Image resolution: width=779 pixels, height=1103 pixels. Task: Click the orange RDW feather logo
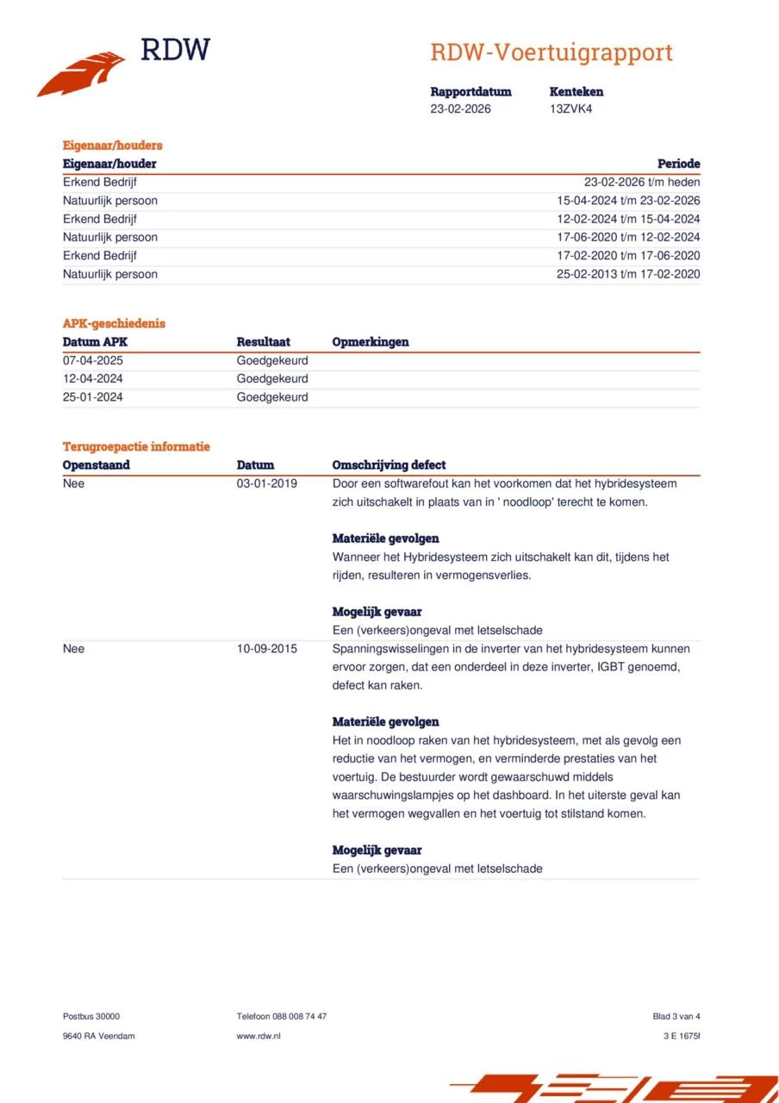[82, 74]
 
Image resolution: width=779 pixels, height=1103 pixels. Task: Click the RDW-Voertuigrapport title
[551, 53]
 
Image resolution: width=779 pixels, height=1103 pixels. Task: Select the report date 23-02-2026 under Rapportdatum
[460, 109]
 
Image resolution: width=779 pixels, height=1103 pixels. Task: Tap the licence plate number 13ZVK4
[570, 109]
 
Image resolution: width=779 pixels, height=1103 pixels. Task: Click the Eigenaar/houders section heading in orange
[112, 146]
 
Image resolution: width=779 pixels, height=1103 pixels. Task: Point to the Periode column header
[678, 164]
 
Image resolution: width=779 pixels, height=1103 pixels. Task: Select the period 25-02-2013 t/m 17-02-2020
[628, 274]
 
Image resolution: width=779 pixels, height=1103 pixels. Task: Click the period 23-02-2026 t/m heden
[641, 183]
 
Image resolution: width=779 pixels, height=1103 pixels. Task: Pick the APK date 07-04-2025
[93, 361]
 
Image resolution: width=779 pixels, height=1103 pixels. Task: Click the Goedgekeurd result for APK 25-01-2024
[271, 397]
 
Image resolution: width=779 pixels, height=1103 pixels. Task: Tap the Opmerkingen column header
[371, 342]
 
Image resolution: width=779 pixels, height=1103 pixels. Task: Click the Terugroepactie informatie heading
[136, 446]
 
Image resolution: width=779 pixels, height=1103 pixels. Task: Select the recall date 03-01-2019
[267, 483]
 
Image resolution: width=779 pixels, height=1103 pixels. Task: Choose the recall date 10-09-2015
[267, 649]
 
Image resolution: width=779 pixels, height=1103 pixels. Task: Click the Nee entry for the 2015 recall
[74, 649]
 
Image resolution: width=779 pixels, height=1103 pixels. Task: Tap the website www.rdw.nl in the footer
[259, 1036]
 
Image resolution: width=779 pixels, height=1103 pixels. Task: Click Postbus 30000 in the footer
[91, 1017]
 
